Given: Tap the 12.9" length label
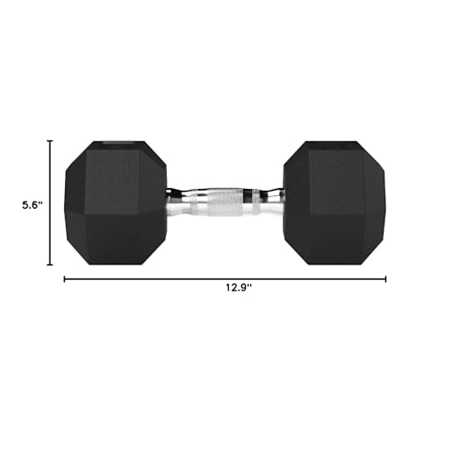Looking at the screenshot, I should click(x=238, y=288).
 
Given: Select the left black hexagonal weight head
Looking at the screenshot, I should click(x=116, y=203).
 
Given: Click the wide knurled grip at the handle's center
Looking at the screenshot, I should click(x=225, y=203).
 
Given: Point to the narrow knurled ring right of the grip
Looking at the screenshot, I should click(x=255, y=203).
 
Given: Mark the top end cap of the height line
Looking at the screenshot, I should click(x=49, y=141).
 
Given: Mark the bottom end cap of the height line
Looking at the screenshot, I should click(x=49, y=264).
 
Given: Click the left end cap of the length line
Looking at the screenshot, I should click(x=65, y=279).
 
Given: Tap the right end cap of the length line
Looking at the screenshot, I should click(x=385, y=279).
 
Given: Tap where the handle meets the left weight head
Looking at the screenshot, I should click(x=169, y=203).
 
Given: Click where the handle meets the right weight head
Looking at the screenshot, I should click(x=282, y=203).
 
